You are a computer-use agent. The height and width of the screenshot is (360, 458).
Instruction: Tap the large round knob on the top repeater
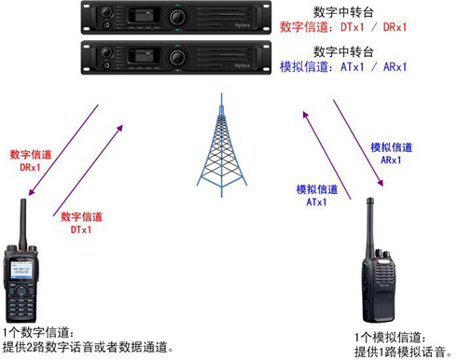(x=177, y=17)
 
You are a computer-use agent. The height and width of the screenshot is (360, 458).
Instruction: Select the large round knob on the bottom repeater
(x=177, y=57)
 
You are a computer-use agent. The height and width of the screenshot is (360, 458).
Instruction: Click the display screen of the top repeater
(x=144, y=15)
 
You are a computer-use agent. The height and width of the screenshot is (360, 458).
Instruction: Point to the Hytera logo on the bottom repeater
(x=242, y=65)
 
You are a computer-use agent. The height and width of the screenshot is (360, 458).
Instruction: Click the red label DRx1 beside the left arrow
(x=30, y=167)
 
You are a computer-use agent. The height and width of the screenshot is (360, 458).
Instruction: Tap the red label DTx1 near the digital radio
(x=81, y=229)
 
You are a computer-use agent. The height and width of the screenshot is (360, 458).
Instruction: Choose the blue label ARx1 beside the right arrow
(x=391, y=160)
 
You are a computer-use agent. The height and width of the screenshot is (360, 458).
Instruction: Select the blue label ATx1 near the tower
(x=316, y=202)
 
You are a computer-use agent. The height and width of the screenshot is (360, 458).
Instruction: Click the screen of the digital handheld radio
(x=21, y=270)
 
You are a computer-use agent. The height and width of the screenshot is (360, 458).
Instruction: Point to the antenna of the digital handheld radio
(x=22, y=224)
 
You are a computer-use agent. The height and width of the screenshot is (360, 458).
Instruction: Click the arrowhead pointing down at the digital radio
(x=31, y=192)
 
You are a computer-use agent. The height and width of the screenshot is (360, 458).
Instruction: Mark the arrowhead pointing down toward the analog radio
(x=381, y=183)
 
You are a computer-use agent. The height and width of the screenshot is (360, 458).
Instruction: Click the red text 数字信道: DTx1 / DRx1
(x=343, y=27)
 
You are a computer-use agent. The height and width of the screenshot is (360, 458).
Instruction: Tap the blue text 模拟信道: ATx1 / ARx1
(x=343, y=67)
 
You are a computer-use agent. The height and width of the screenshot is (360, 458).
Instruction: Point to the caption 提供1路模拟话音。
(x=403, y=353)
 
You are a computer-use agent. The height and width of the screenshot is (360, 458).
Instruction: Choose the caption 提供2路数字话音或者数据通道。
(x=88, y=347)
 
